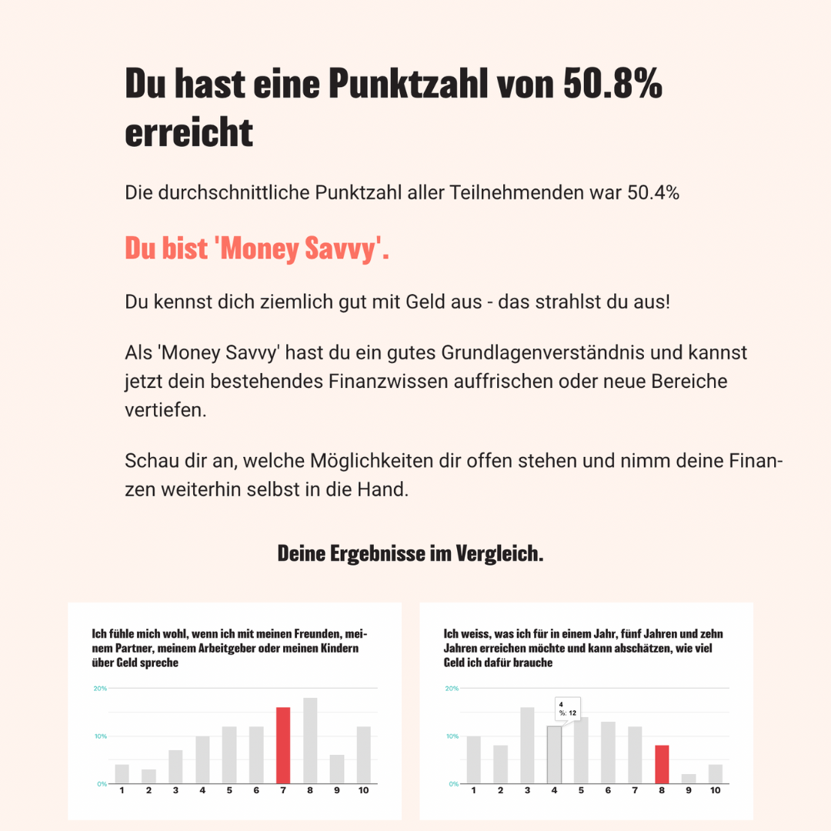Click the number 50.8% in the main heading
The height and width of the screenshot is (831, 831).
pyautogui.click(x=612, y=85)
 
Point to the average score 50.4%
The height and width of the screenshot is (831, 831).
pyautogui.click(x=653, y=192)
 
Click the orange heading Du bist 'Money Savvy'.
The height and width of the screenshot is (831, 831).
pyautogui.click(x=257, y=249)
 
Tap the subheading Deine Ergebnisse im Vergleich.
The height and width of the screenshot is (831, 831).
pyautogui.click(x=410, y=553)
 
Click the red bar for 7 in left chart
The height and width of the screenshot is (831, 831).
pyautogui.click(x=282, y=745)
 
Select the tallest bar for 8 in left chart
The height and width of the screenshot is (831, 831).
pyautogui.click(x=310, y=740)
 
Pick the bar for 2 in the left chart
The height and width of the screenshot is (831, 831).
pyautogui.click(x=149, y=776)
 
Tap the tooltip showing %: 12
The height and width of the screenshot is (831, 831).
pyautogui.click(x=568, y=708)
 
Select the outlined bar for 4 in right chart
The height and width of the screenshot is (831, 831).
pyautogui.click(x=554, y=755)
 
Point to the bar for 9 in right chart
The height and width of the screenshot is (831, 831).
pyautogui.click(x=688, y=779)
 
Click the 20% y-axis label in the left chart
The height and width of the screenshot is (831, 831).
pyautogui.click(x=100, y=688)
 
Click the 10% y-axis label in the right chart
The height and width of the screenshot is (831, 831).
pyautogui.click(x=452, y=736)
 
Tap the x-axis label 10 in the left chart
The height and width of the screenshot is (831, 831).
pyautogui.click(x=363, y=791)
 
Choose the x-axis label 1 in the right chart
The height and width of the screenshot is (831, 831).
pyautogui.click(x=473, y=791)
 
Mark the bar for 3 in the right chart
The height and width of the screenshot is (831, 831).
pyautogui.click(x=527, y=745)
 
